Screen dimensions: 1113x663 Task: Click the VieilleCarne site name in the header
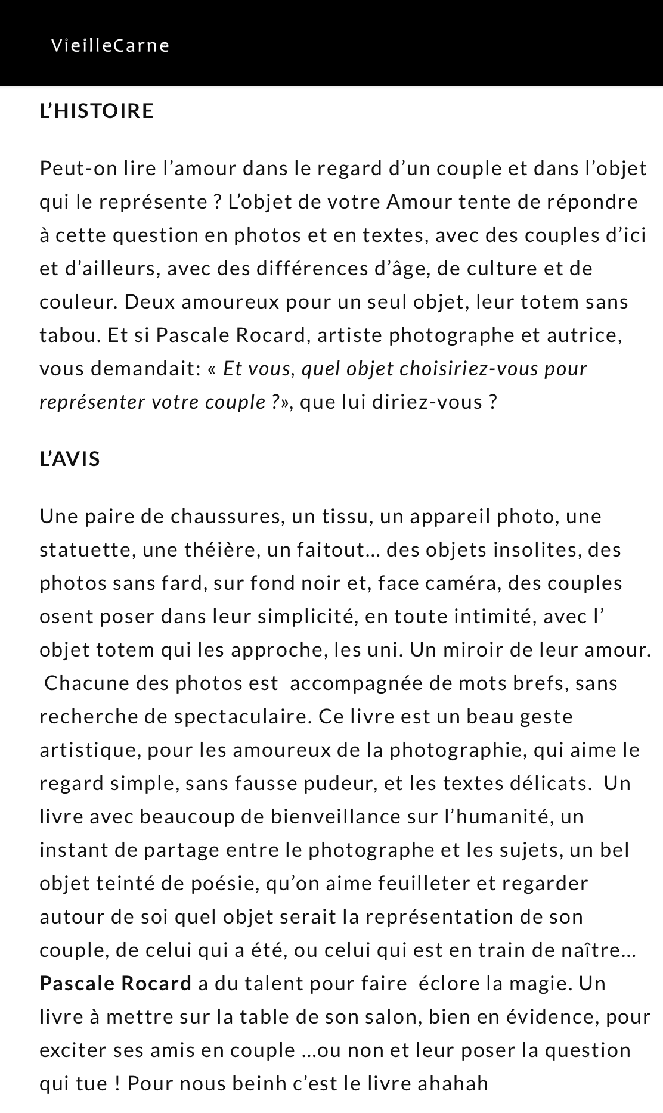coord(110,46)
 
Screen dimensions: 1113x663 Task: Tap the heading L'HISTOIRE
coord(97,111)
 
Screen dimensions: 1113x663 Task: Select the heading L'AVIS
coord(70,459)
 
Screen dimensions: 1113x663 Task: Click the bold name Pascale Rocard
coord(116,983)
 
